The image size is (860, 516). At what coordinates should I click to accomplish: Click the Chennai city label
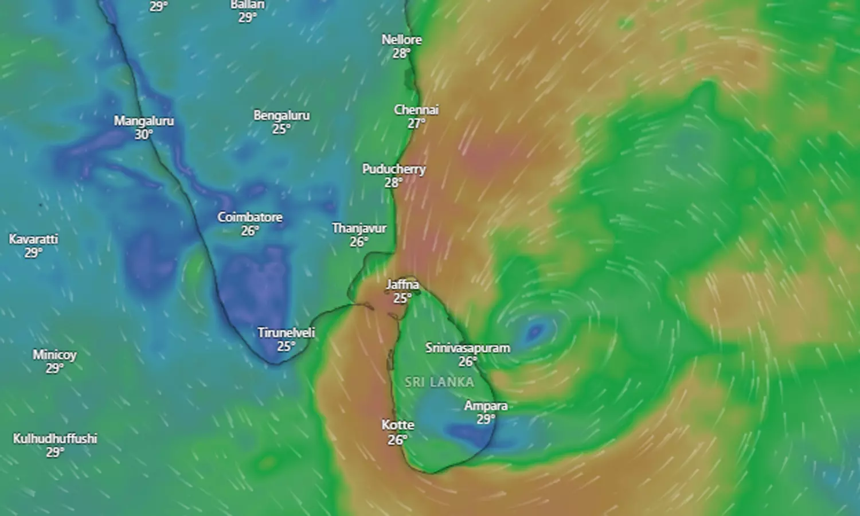pyautogui.click(x=416, y=110)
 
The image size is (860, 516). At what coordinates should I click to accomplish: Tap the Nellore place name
pyautogui.click(x=401, y=40)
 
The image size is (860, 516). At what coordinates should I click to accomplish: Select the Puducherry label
pyautogui.click(x=394, y=169)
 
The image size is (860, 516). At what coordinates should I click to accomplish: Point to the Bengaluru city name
pyautogui.click(x=282, y=115)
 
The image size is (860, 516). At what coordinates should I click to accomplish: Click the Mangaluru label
pyautogui.click(x=143, y=121)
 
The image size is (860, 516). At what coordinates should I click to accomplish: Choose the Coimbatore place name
pyautogui.click(x=249, y=217)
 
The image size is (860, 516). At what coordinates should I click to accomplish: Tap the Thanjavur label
pyautogui.click(x=359, y=228)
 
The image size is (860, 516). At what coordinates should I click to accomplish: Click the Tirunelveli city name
pyautogui.click(x=286, y=333)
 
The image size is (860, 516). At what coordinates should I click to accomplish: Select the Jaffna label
pyautogui.click(x=402, y=284)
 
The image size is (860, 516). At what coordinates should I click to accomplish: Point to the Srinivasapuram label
pyautogui.click(x=467, y=347)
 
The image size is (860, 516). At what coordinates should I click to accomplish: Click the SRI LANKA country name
pyautogui.click(x=440, y=382)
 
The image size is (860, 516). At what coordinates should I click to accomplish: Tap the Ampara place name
pyautogui.click(x=486, y=406)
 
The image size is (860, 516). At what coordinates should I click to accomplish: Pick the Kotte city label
pyautogui.click(x=397, y=425)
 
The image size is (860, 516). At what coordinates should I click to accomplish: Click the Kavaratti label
pyautogui.click(x=33, y=239)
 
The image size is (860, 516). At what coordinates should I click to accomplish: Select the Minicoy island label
pyautogui.click(x=54, y=354)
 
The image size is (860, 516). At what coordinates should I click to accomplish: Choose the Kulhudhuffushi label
pyautogui.click(x=55, y=439)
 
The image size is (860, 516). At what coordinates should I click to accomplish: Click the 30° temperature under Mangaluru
pyautogui.click(x=143, y=135)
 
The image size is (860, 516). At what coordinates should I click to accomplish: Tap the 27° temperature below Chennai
pyautogui.click(x=416, y=123)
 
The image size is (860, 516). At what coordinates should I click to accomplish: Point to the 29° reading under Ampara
pyautogui.click(x=486, y=419)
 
